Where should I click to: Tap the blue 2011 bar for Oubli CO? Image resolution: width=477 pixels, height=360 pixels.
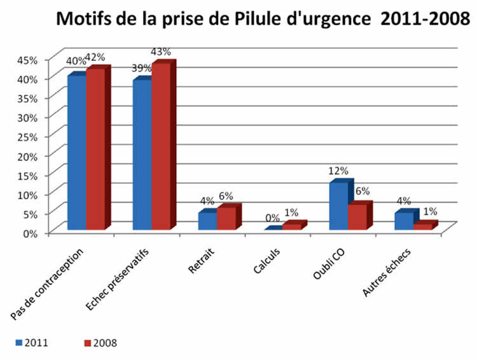click(x=338, y=205)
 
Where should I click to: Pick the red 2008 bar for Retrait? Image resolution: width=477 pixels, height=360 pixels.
click(x=226, y=218)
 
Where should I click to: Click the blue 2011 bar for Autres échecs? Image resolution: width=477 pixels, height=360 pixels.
click(x=403, y=220)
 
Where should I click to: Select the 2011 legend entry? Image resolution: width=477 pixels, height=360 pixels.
click(x=32, y=343)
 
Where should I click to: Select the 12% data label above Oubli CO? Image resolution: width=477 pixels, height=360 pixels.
click(x=338, y=170)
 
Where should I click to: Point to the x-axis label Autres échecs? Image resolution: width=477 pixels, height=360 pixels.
click(x=387, y=273)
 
